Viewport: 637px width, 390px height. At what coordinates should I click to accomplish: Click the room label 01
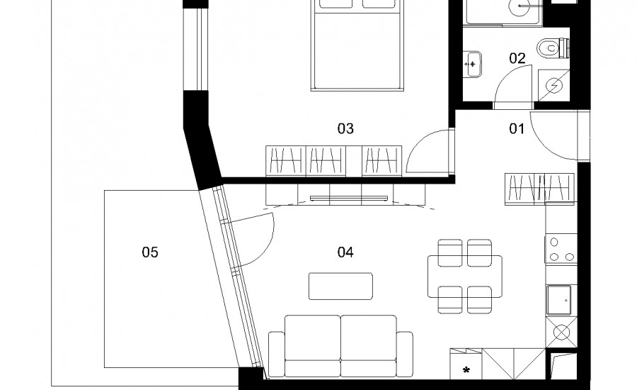point(517,128)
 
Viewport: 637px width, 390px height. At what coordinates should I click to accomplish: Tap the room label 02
point(517,58)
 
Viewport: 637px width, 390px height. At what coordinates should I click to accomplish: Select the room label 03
point(345,128)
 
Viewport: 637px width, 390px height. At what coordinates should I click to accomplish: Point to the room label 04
point(345,252)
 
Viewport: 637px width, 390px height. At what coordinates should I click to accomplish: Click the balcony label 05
point(150,252)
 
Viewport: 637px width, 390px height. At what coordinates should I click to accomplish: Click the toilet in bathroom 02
point(553,48)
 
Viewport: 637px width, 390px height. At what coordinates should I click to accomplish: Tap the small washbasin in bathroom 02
point(472,64)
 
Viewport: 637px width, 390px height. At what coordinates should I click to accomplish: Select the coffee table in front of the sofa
point(340,286)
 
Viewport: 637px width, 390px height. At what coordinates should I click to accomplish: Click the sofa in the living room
point(340,346)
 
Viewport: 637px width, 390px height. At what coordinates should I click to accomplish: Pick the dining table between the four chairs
point(465,277)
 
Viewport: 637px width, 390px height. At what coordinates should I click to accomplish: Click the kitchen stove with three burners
point(561,248)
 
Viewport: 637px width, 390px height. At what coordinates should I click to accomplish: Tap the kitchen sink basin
point(558,300)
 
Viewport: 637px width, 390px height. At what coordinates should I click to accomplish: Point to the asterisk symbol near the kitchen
point(466,370)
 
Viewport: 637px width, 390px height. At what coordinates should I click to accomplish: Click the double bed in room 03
point(357,45)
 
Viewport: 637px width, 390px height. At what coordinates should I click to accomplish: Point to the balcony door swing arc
point(266,244)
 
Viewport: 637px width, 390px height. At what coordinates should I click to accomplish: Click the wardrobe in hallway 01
point(539,189)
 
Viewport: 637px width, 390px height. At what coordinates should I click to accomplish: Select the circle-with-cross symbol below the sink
point(561,332)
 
